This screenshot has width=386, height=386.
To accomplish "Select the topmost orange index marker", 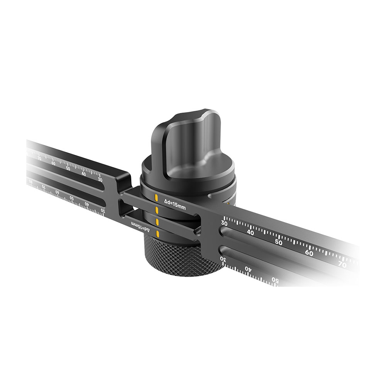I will point(156,198).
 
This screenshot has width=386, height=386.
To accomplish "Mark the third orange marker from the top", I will point(157,222).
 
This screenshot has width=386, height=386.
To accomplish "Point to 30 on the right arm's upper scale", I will point(224,223).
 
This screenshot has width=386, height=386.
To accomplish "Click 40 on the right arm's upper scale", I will point(250,232).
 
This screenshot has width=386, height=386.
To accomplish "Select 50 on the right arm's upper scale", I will point(279,242).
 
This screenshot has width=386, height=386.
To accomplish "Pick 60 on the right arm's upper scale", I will point(309,253).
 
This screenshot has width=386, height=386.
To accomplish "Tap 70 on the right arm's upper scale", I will point(342,265).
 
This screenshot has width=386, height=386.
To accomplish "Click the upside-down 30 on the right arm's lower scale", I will point(222,257).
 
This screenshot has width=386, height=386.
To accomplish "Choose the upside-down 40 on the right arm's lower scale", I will point(247,268).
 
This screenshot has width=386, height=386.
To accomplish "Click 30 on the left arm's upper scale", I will point(100,179).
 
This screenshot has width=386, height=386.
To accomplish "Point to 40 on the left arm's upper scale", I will point(84,174).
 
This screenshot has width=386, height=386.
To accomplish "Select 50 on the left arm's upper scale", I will point(68,168).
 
